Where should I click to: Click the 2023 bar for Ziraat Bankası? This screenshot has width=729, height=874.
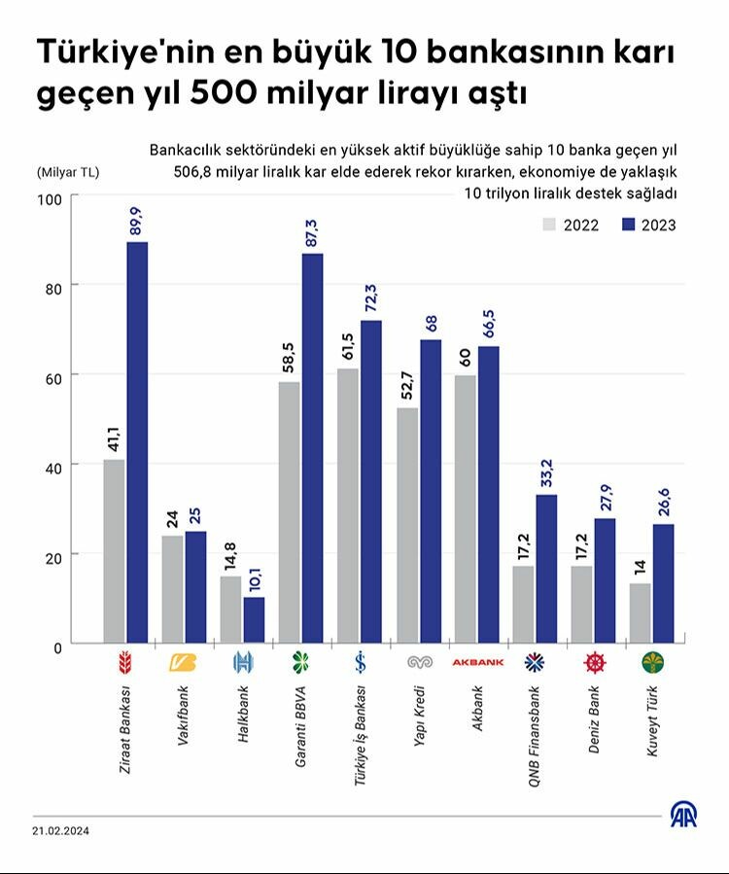[x=137, y=442]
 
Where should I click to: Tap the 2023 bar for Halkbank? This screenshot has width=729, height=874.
[x=254, y=619]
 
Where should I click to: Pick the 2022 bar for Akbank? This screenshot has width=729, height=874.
[x=466, y=508]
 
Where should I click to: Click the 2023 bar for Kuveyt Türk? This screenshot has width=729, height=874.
[x=663, y=583]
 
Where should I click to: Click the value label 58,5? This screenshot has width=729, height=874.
[x=289, y=362]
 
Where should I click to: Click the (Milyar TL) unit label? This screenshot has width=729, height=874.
[x=67, y=172]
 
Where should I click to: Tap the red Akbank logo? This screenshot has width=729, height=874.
[x=476, y=663]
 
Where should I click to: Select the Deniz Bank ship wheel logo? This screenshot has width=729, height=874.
[x=593, y=663]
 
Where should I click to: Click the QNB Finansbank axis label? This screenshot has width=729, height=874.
[x=535, y=728]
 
